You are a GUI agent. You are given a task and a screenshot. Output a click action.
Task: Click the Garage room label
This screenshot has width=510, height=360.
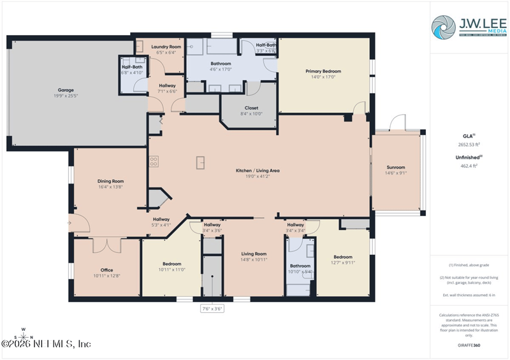point(62,90)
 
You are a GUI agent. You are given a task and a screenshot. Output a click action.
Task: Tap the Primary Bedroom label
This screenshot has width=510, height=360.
point(323,71)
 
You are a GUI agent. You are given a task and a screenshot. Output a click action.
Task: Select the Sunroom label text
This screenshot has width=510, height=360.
point(395,167)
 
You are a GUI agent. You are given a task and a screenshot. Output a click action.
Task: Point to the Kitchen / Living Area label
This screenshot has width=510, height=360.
point(258,171)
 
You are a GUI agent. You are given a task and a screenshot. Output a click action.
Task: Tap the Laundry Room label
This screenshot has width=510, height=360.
point(166,47)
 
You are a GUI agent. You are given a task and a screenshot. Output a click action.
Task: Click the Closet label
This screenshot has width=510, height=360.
point(251,108)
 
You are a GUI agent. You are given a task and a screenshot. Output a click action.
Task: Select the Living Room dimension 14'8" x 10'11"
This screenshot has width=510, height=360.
point(253,260)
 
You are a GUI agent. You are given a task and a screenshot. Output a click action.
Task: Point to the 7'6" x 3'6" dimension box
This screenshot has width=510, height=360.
point(212,308)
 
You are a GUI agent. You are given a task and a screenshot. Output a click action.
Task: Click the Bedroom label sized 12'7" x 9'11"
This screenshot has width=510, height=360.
point(342,257)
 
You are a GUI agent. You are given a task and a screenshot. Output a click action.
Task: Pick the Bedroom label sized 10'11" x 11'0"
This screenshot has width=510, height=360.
point(171,264)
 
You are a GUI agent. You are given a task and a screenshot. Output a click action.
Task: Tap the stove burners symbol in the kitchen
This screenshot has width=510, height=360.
point(153,162)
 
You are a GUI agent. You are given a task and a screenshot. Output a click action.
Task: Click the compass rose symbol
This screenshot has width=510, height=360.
point(24,336)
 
